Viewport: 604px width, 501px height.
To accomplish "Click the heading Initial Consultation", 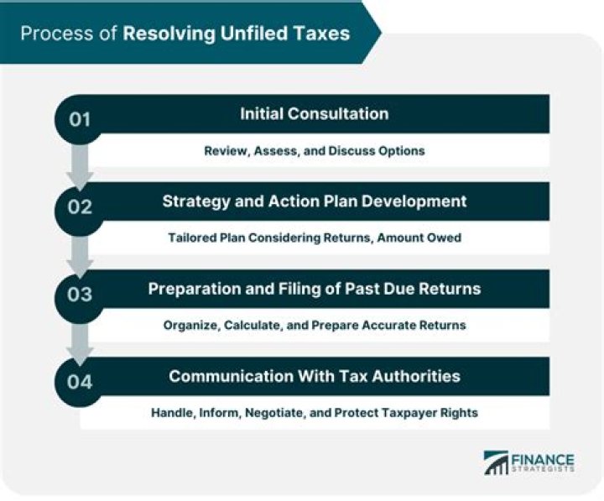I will [314, 113].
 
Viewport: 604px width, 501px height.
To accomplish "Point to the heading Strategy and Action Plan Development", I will [314, 201].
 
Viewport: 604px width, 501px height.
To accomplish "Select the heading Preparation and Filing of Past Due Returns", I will [314, 289].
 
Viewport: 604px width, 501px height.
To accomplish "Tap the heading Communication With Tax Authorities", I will [314, 376].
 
